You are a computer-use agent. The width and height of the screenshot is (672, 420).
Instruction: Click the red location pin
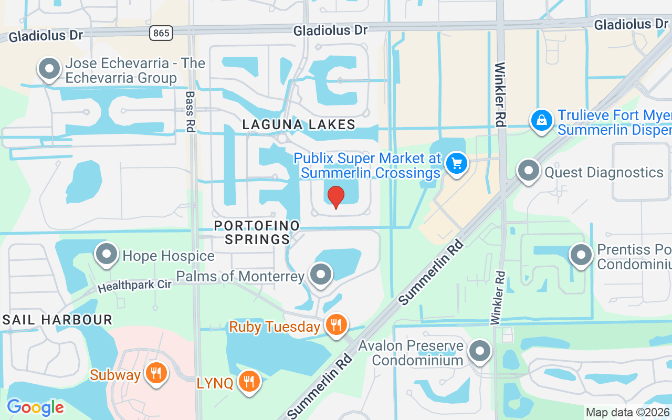coord(335,197)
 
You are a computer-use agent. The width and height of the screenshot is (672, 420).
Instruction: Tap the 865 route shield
coord(161,33)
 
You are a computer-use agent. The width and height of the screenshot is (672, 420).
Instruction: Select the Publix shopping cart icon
coord(456,164)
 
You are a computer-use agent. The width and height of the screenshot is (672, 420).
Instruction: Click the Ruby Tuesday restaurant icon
coord(336,325)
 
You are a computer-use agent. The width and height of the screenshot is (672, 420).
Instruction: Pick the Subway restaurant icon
coord(155,374)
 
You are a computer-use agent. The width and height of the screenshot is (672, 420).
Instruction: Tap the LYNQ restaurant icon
coord(249,382)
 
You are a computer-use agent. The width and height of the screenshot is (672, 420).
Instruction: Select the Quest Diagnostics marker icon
coord(529,171)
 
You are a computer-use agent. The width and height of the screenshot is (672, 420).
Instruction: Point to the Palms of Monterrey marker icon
coord(321,275)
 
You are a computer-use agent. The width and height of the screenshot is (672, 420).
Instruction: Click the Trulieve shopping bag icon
coord(542,121)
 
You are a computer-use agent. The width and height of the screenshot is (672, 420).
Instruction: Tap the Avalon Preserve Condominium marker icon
coord(479,351)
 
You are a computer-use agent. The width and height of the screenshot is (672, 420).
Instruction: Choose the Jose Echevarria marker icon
coord(50,69)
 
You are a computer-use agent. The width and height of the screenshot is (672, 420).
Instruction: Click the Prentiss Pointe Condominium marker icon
coord(581,256)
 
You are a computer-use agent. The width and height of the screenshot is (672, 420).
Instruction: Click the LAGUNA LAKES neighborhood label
coord(299,124)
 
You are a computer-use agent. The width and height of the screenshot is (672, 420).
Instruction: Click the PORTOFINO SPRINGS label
coord(257,233)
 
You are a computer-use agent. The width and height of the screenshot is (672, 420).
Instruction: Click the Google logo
coord(35,407)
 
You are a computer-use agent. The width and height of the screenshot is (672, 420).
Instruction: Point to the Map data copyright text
coord(628,413)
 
